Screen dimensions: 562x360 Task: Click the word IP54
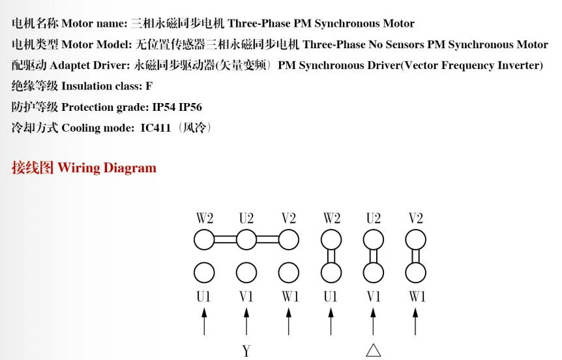point(164,107)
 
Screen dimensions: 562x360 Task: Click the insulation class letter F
point(149,86)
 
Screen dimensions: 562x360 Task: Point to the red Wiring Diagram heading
point(107,168)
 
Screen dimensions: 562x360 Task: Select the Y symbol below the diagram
point(246,351)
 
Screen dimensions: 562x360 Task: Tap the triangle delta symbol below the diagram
point(373,350)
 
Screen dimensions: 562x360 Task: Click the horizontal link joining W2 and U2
point(225,240)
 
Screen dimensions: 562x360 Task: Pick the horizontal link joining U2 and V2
point(267,240)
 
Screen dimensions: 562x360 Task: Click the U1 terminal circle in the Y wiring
point(204,272)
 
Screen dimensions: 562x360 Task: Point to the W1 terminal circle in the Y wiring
point(289,272)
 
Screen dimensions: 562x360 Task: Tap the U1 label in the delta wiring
point(331,297)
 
